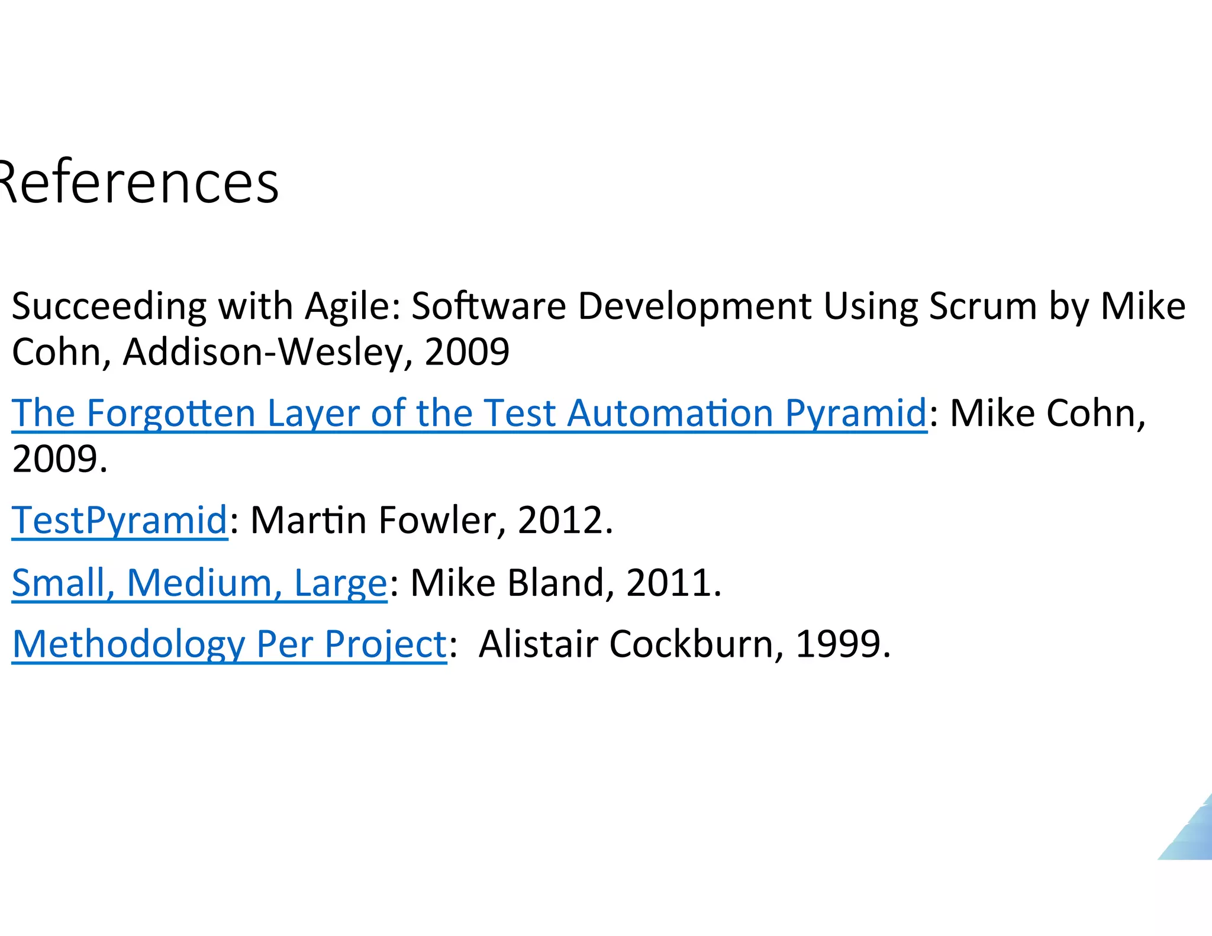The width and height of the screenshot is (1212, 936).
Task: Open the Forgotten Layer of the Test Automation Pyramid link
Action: point(469,412)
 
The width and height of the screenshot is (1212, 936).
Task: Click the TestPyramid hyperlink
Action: point(120,520)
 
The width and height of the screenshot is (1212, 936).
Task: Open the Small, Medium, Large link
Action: point(199,583)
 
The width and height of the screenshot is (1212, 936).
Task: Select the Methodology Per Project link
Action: point(230,644)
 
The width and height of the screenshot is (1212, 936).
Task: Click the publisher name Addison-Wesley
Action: point(263,351)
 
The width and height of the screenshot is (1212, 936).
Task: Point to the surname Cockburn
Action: point(691,644)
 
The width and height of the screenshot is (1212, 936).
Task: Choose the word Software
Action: point(489,306)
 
